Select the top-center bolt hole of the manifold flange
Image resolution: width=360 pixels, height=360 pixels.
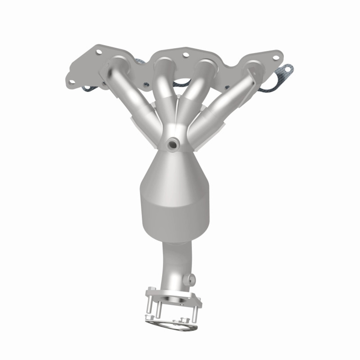click(x=185, y=55)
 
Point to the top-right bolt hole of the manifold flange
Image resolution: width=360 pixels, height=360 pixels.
click(x=276, y=58)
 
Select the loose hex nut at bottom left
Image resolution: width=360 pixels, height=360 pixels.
click(x=149, y=318)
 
